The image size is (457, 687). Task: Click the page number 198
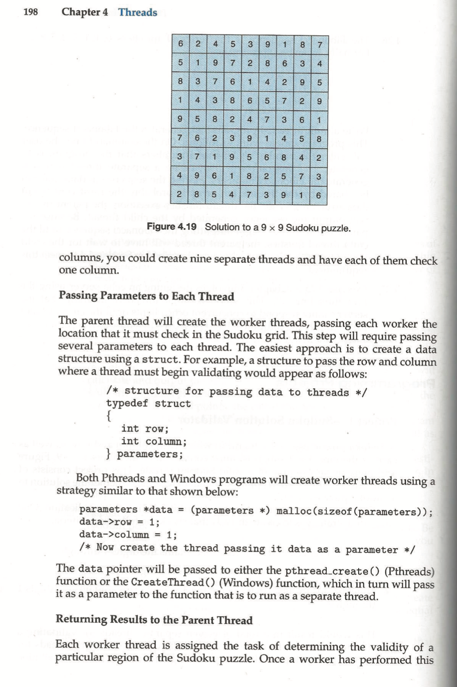point(30,12)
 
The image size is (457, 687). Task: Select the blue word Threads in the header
point(137,13)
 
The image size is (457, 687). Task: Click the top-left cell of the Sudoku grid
point(180,44)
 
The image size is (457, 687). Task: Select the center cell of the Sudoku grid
point(249,119)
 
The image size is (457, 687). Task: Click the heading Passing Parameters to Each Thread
point(146,296)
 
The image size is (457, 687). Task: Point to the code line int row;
point(145,428)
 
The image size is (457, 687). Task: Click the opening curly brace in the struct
point(109,416)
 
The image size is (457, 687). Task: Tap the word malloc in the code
point(293,511)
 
